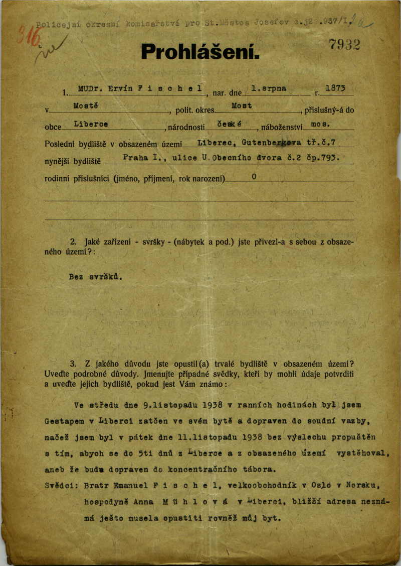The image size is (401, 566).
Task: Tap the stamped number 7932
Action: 345,45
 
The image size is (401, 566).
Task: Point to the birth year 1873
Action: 335,88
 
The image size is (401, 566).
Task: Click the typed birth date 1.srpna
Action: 269,88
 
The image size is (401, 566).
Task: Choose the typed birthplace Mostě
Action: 85,106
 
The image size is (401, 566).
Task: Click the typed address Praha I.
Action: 142,158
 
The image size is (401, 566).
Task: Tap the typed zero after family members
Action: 255,177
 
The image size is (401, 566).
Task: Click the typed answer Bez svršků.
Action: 95,276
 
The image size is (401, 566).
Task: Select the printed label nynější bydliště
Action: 73,162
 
